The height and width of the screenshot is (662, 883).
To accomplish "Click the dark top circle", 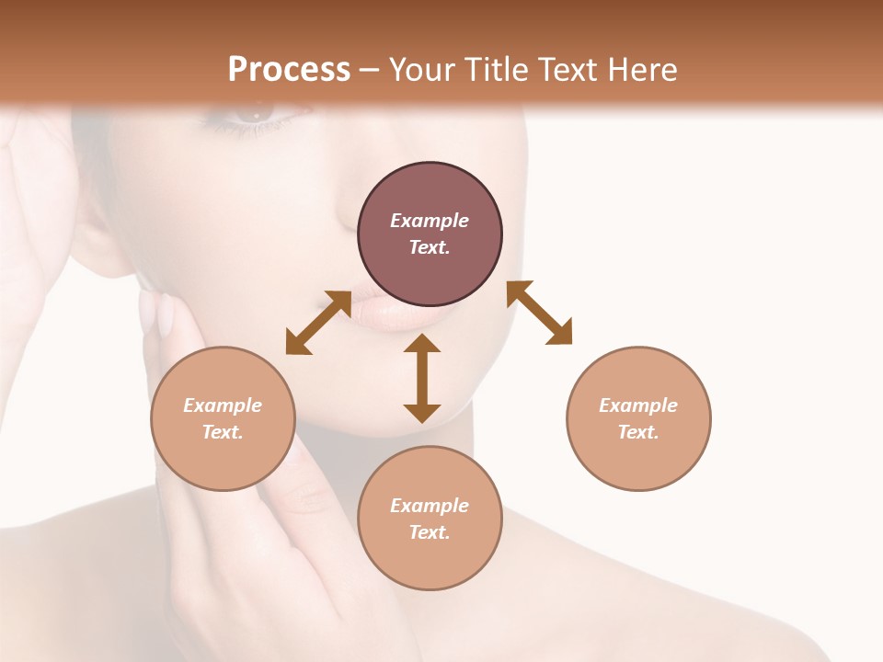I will [430, 234].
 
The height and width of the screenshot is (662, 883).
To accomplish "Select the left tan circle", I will [223, 418].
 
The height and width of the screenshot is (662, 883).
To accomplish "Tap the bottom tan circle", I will [430, 519].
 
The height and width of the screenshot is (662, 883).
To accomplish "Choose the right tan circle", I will [638, 418].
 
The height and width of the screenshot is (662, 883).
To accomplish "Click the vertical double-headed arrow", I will [422, 379].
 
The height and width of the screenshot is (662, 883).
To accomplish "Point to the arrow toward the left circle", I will [318, 323].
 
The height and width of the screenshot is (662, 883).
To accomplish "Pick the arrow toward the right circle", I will [540, 313].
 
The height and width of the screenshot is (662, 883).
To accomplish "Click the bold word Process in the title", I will [289, 70].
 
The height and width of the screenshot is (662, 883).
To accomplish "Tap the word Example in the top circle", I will [430, 221].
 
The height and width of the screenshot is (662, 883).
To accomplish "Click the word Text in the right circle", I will [636, 432].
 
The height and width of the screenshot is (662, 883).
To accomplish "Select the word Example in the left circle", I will [223, 405].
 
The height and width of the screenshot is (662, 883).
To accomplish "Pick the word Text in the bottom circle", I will [428, 532].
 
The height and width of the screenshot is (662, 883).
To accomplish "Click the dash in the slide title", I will [369, 70].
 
